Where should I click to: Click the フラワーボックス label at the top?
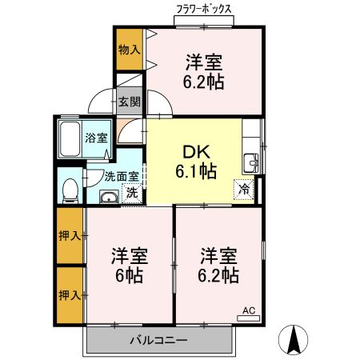pyautogui.click(x=204, y=10)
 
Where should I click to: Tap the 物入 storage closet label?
pyautogui.click(x=129, y=50)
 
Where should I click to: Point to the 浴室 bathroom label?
pyautogui.click(x=97, y=138)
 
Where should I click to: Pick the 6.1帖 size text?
pyautogui.click(x=195, y=170)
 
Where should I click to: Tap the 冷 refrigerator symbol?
pyautogui.click(x=242, y=190)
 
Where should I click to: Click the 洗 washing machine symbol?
pyautogui.click(x=131, y=192)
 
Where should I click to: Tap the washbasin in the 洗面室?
pyautogui.click(x=107, y=197)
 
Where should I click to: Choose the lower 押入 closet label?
pyautogui.click(x=70, y=295)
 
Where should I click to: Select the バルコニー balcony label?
pyautogui.click(x=159, y=341)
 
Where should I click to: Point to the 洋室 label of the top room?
pyautogui.click(x=204, y=62)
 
